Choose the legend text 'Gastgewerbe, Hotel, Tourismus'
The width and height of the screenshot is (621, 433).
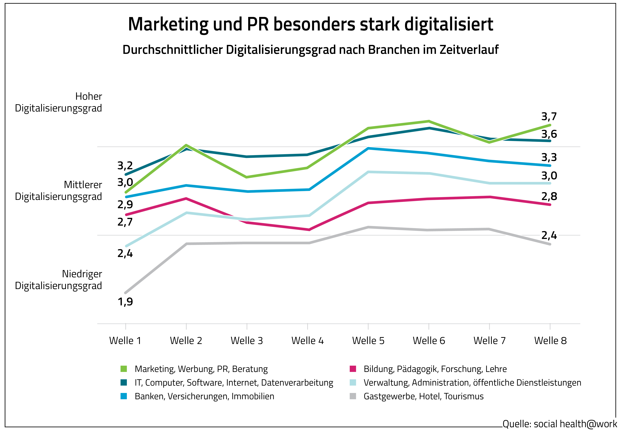click(x=424, y=396)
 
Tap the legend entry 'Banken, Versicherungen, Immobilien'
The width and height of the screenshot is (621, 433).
click(x=205, y=396)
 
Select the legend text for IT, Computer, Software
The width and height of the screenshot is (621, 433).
click(x=234, y=383)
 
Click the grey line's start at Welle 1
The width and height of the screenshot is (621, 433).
click(x=125, y=293)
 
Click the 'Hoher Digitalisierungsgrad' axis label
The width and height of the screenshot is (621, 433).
click(x=58, y=102)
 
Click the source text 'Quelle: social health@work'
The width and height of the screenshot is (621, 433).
click(x=560, y=424)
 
